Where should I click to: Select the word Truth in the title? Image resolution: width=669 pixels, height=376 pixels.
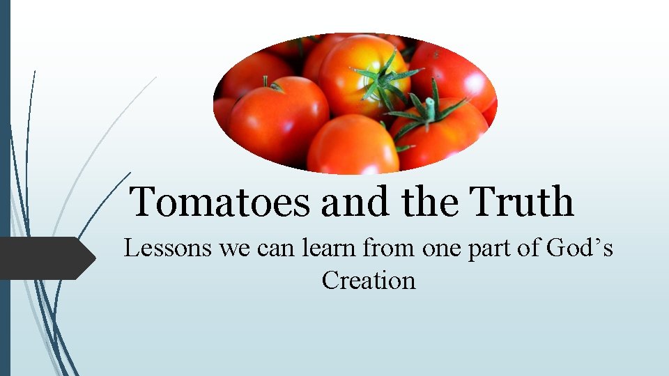point(523,202)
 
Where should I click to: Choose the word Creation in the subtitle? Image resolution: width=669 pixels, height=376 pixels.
point(369,281)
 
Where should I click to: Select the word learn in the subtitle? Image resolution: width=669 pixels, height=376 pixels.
point(331,248)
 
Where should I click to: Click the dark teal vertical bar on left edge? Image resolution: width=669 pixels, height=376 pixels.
point(5,188)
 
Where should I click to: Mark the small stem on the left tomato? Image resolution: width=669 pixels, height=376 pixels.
point(269,84)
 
